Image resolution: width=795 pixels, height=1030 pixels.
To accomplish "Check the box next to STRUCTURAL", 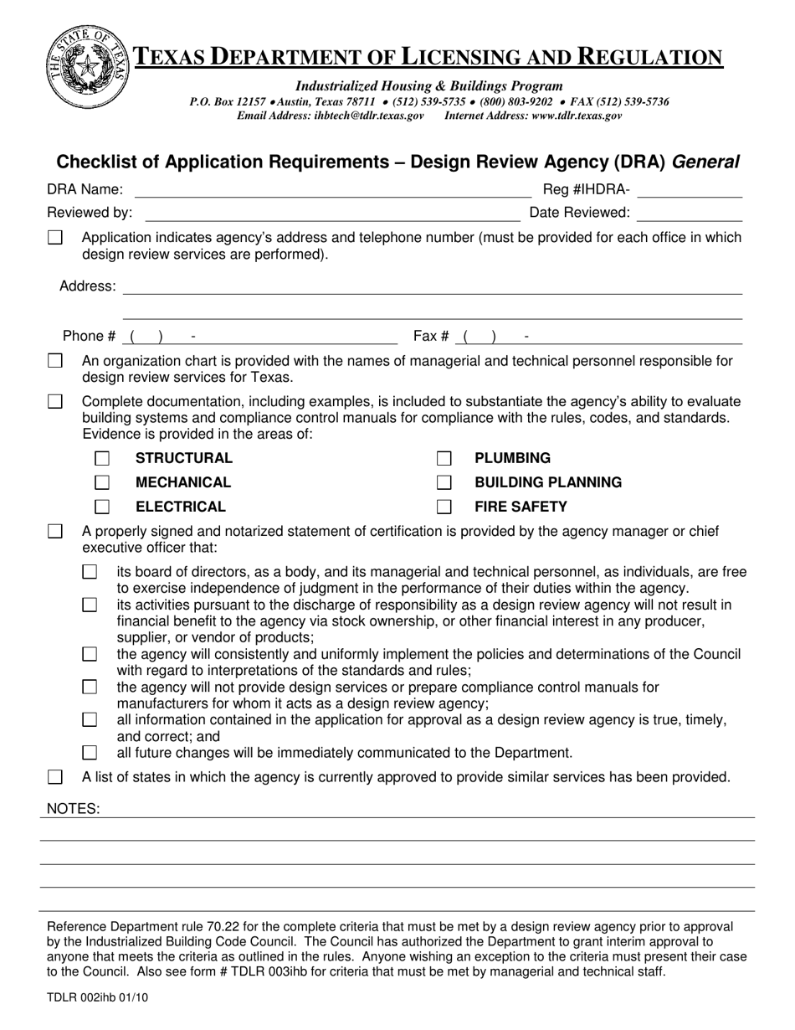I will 102,458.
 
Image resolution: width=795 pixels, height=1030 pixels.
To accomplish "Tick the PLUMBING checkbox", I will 444,458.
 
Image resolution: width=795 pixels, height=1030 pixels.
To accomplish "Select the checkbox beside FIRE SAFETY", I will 444,507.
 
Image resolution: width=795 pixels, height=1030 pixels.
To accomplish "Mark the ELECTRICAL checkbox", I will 102,507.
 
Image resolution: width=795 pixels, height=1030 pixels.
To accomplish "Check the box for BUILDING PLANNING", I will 444,482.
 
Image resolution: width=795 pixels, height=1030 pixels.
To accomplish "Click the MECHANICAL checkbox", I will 102,482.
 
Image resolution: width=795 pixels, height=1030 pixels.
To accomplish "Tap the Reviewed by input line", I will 331,214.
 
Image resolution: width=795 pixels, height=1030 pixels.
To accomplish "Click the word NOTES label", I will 73,809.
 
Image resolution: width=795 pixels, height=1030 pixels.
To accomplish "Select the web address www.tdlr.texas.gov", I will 576,116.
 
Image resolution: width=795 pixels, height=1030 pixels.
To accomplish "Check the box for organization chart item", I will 55,362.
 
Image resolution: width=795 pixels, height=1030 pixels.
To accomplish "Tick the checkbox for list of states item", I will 55,778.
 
